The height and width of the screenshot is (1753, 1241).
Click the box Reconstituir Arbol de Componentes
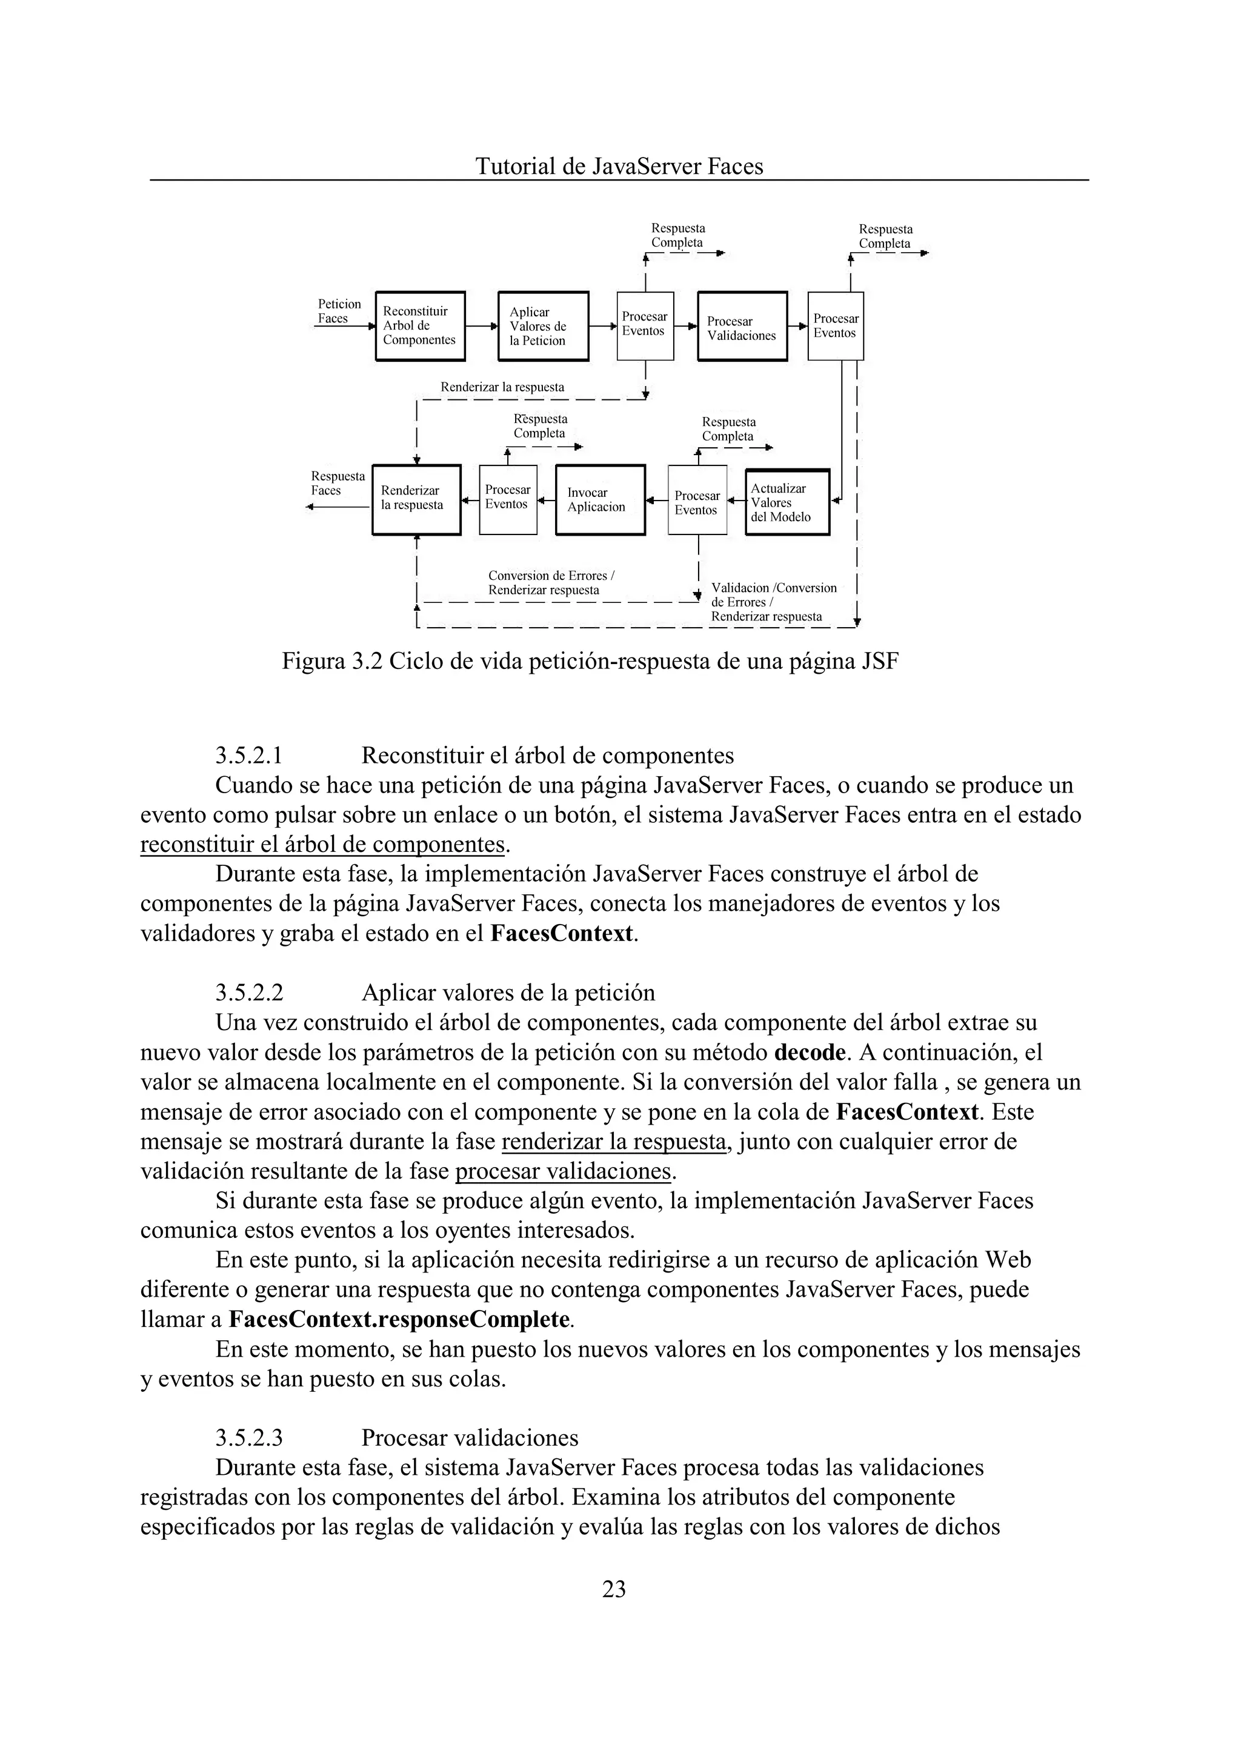click(x=421, y=326)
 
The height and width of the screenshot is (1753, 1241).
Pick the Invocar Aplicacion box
click(x=600, y=500)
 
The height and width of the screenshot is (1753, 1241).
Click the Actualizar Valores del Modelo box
click(x=787, y=502)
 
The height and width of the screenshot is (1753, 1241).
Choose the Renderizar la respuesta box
click(x=416, y=500)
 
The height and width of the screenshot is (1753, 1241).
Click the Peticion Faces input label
click(x=339, y=311)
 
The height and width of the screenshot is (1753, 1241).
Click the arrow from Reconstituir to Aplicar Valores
click(x=481, y=326)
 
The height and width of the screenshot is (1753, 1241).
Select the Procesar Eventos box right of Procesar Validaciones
click(x=835, y=326)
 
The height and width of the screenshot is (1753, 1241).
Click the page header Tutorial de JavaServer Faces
click(x=619, y=166)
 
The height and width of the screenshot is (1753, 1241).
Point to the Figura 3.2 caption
click(x=590, y=661)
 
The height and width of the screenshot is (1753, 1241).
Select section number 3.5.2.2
click(x=249, y=993)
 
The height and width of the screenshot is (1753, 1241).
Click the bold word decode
click(x=810, y=1053)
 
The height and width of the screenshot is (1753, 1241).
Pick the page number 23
click(x=614, y=1589)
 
